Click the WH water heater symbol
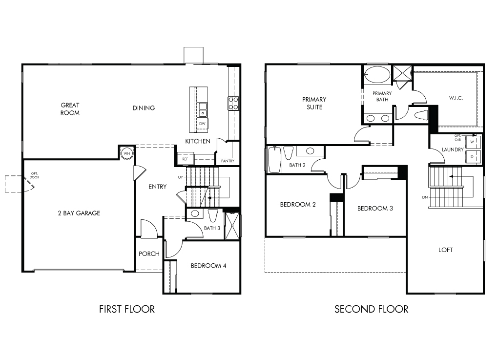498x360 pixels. [x=127, y=153]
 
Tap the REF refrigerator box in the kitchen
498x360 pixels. [x=185, y=159]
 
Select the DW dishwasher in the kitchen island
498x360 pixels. [x=202, y=124]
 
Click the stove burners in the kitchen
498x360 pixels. [x=233, y=103]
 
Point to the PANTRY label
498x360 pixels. [x=228, y=161]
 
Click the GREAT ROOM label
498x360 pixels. [x=70, y=109]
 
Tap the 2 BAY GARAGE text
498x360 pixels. [x=79, y=213]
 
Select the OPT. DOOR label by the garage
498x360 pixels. [x=34, y=175]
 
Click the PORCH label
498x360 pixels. [x=149, y=254]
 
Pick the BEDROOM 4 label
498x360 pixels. [x=208, y=266]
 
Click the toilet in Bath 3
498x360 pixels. [x=212, y=215]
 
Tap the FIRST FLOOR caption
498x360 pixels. [x=127, y=309]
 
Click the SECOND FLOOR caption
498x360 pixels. [x=371, y=309]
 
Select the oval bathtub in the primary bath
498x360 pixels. [x=377, y=75]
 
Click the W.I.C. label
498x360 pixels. [x=456, y=98]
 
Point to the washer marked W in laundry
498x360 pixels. [x=472, y=142]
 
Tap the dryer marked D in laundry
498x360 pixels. [x=472, y=157]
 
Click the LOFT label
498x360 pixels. [x=446, y=250]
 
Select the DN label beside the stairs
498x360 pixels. [x=425, y=197]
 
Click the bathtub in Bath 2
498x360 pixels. [x=274, y=159]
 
